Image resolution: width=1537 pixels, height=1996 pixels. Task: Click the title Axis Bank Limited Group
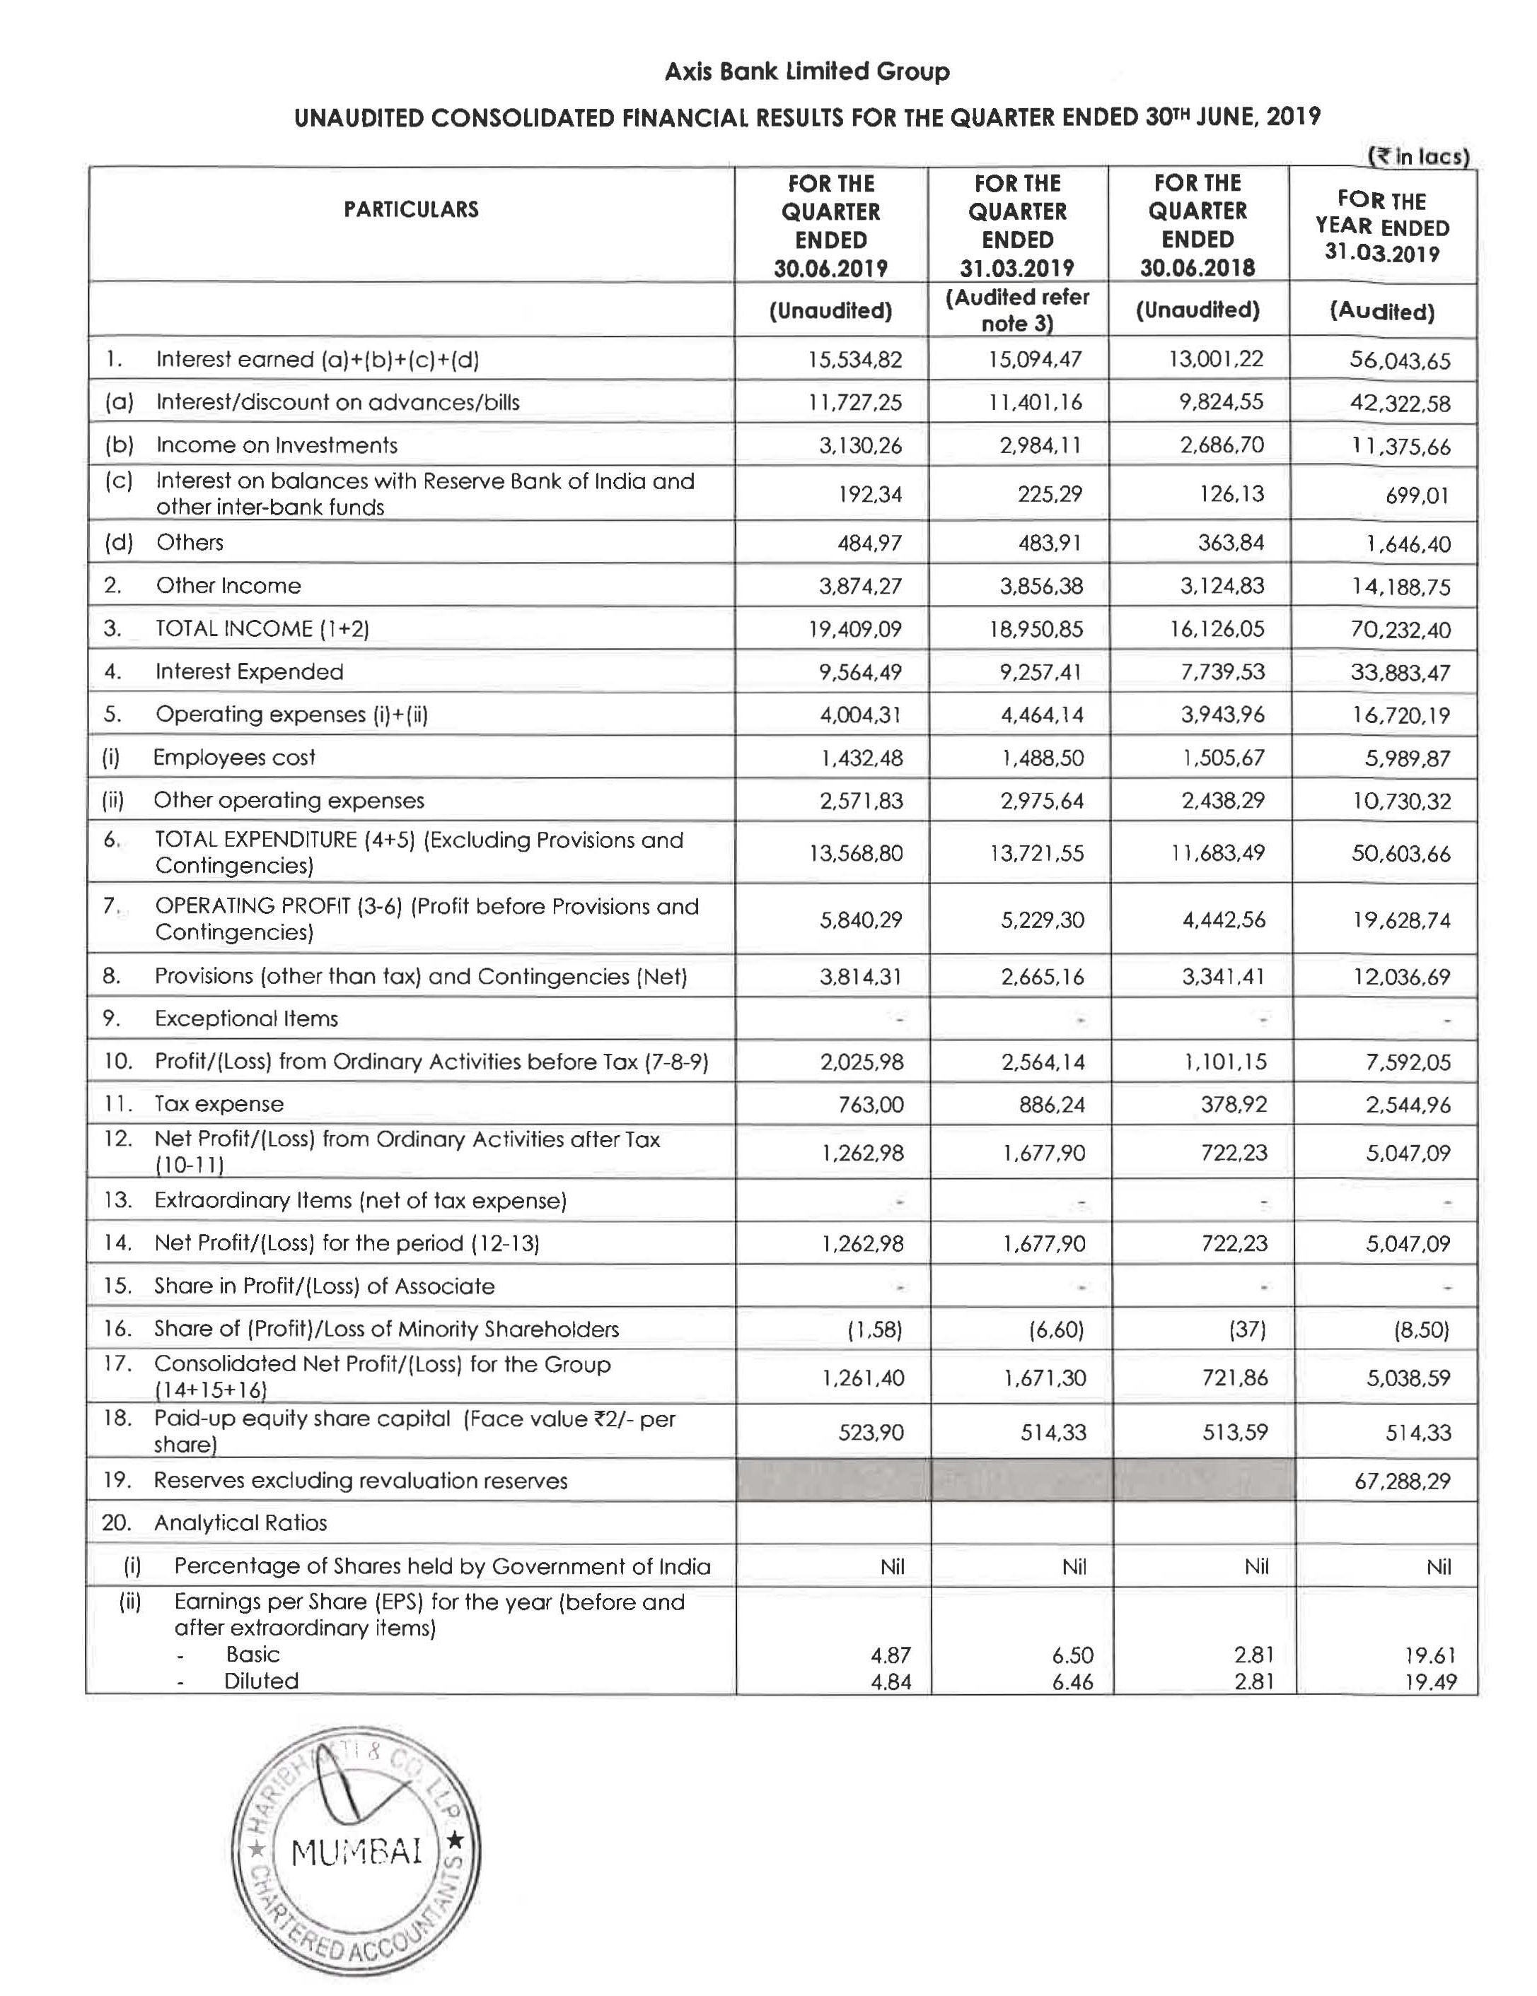click(806, 71)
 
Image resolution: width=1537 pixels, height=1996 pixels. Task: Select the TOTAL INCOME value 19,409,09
click(859, 629)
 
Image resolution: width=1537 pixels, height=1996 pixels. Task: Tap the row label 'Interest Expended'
click(249, 671)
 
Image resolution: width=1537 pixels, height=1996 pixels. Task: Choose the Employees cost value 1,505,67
click(1222, 758)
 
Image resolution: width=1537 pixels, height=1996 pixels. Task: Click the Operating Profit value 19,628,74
click(1400, 920)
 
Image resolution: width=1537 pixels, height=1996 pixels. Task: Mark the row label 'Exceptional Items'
click(246, 1018)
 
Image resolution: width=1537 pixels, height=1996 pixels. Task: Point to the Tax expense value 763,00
click(871, 1104)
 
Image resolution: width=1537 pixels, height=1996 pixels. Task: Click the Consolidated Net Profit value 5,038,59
click(1408, 1378)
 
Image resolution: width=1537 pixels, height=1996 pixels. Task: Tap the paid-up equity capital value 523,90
click(871, 1432)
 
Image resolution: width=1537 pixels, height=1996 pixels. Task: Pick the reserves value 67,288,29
click(1402, 1481)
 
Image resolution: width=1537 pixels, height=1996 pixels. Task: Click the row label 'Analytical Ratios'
click(240, 1522)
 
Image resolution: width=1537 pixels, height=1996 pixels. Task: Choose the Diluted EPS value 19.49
click(1430, 1681)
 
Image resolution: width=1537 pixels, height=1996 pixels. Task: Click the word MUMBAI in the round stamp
click(356, 1853)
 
